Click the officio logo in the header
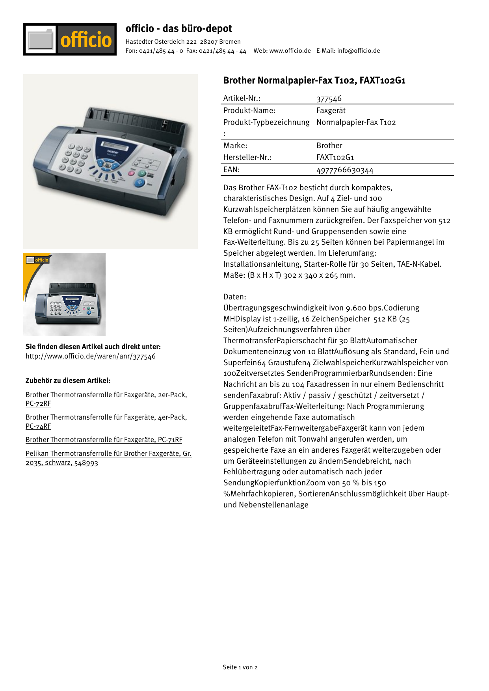[70, 39]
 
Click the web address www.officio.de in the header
[290, 51]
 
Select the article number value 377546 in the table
[329, 98]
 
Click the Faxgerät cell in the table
[331, 111]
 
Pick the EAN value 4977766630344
[344, 170]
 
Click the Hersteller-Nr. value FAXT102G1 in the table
[335, 158]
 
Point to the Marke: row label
[235, 146]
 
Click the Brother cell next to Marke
[329, 146]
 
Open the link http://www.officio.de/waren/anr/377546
[91, 357]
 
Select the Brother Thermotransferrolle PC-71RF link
[104, 440]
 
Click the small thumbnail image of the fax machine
[64, 295]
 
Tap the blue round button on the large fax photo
[139, 183]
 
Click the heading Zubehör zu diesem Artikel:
[68, 381]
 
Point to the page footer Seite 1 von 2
[240, 667]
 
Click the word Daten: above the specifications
[234, 297]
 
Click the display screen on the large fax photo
[115, 146]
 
